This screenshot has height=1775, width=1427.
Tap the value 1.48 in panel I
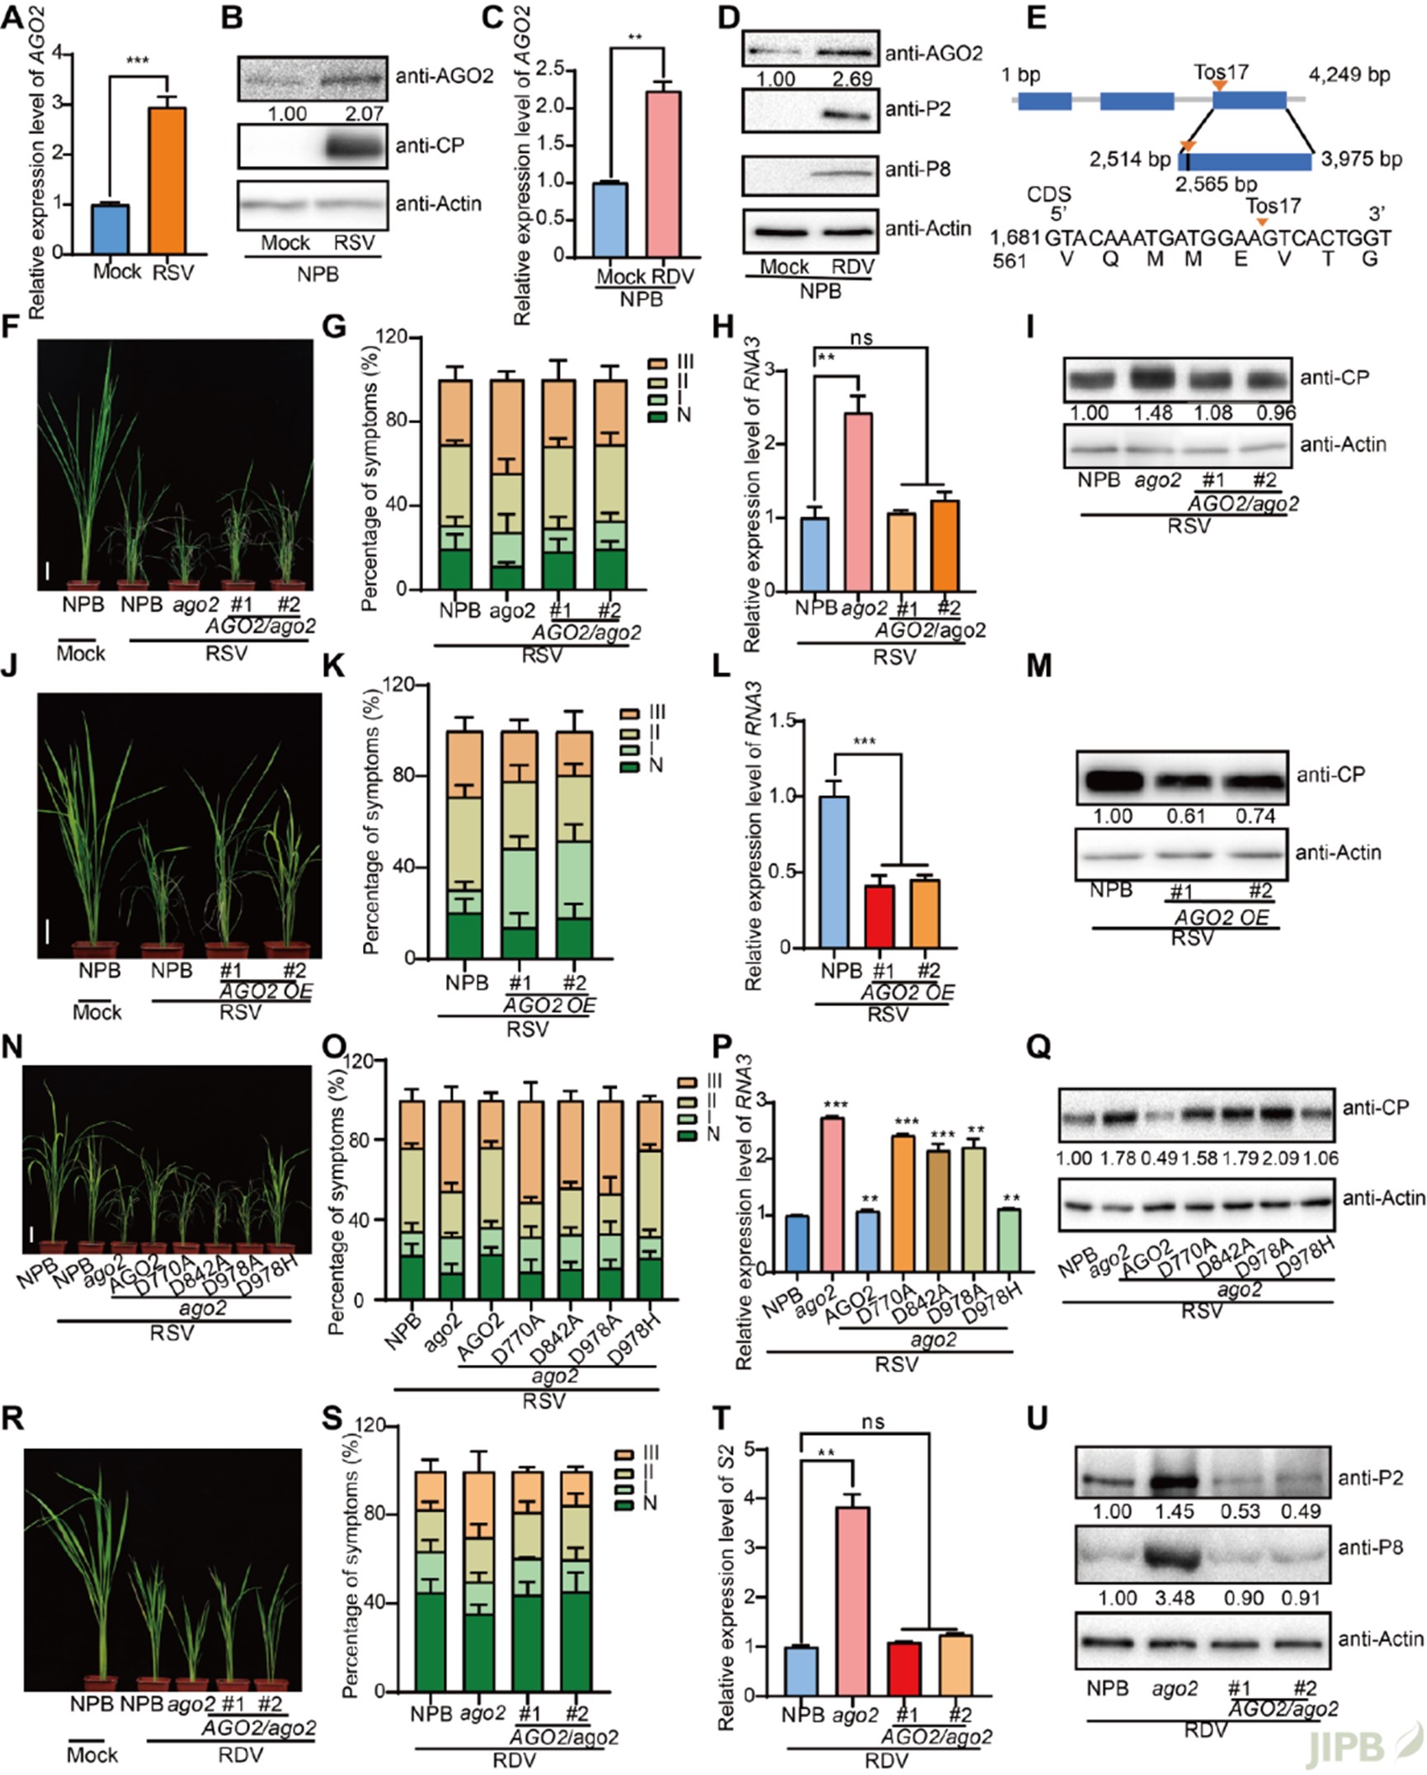click(x=1152, y=412)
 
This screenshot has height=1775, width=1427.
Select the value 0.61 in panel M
click(x=1184, y=817)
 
